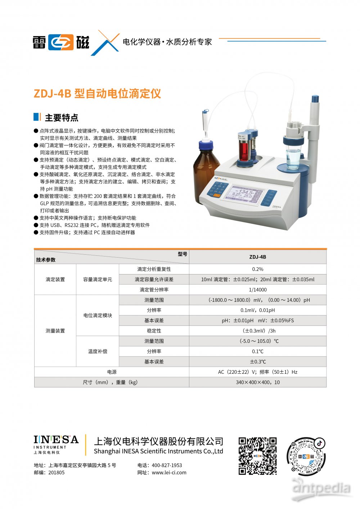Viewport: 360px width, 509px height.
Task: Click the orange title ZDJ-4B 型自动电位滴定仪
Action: [x=97, y=94]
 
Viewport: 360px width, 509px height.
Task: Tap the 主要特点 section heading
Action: [x=62, y=118]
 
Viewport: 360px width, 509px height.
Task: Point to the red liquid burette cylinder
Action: [x=243, y=146]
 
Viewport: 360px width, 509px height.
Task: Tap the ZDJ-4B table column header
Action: [x=258, y=257]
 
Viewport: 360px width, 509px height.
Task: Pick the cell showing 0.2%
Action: [x=258, y=269]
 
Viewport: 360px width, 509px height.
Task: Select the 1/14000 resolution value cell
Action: [x=258, y=290]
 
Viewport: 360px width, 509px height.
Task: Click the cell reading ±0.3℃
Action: [x=258, y=362]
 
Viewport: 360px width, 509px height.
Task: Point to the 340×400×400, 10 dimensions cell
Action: [x=258, y=382]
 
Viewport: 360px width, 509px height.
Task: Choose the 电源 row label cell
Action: [x=112, y=372]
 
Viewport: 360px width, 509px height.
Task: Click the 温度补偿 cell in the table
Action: [x=98, y=351]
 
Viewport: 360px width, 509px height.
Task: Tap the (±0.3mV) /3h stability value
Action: [x=258, y=331]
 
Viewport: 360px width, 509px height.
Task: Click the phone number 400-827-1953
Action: [x=167, y=465]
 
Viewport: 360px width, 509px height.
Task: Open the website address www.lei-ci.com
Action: [x=169, y=473]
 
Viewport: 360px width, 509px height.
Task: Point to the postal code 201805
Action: [x=57, y=473]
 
